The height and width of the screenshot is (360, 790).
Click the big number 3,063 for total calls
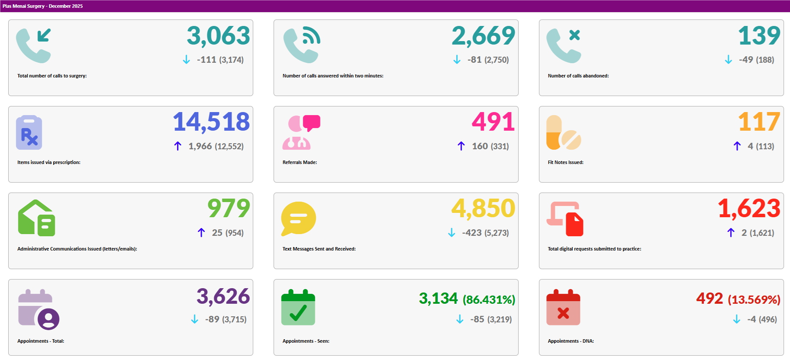(218, 35)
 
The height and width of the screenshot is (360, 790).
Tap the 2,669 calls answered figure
(483, 35)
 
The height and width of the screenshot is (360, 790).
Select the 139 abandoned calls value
(759, 35)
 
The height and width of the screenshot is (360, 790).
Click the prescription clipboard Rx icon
(29, 133)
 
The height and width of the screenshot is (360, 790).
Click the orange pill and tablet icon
(563, 133)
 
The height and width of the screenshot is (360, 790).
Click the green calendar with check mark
(298, 308)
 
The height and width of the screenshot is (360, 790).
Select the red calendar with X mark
(563, 308)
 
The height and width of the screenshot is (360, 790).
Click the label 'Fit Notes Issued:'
(565, 162)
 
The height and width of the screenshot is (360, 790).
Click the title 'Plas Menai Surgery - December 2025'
(42, 6)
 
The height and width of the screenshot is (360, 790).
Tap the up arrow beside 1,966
(177, 146)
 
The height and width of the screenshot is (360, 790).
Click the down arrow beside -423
(451, 233)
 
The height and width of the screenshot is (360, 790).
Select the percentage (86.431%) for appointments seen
(489, 299)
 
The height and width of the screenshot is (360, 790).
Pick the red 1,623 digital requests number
(749, 209)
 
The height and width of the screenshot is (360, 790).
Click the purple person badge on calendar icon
(48, 319)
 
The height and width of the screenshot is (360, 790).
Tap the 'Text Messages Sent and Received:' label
(319, 249)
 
